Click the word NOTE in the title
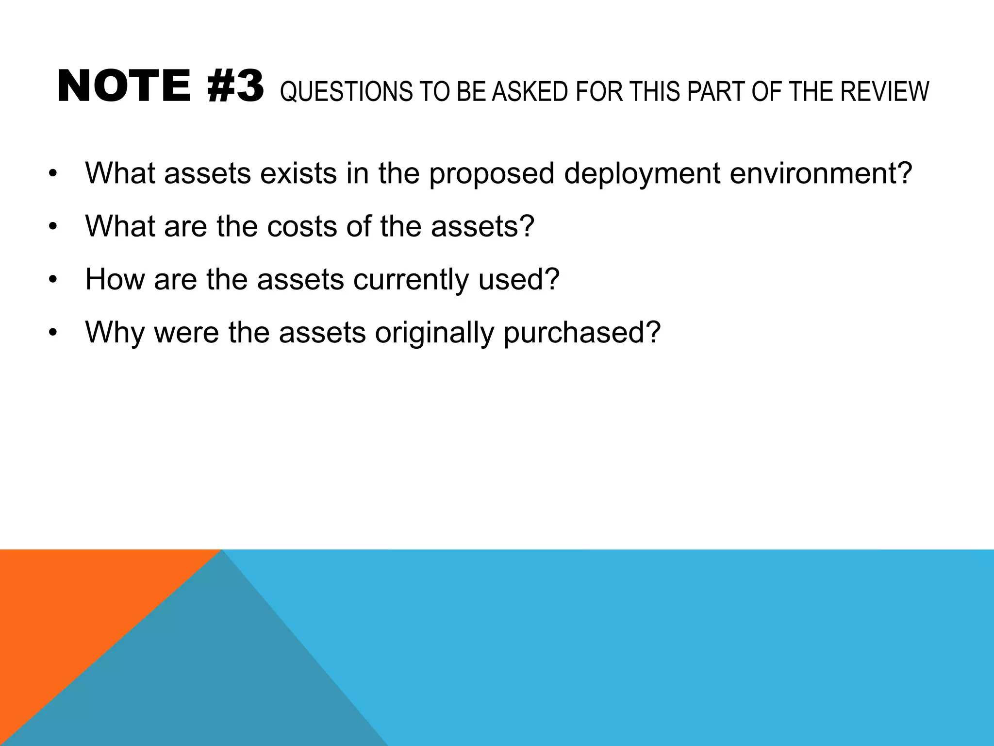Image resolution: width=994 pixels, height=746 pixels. click(124, 87)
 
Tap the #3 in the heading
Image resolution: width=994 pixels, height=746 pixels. click(236, 87)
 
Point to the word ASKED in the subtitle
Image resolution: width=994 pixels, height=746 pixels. click(530, 92)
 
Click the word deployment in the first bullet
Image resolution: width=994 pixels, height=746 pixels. click(642, 174)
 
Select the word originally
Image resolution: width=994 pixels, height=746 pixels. click(434, 334)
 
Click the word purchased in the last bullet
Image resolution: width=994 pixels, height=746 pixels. click(582, 334)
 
